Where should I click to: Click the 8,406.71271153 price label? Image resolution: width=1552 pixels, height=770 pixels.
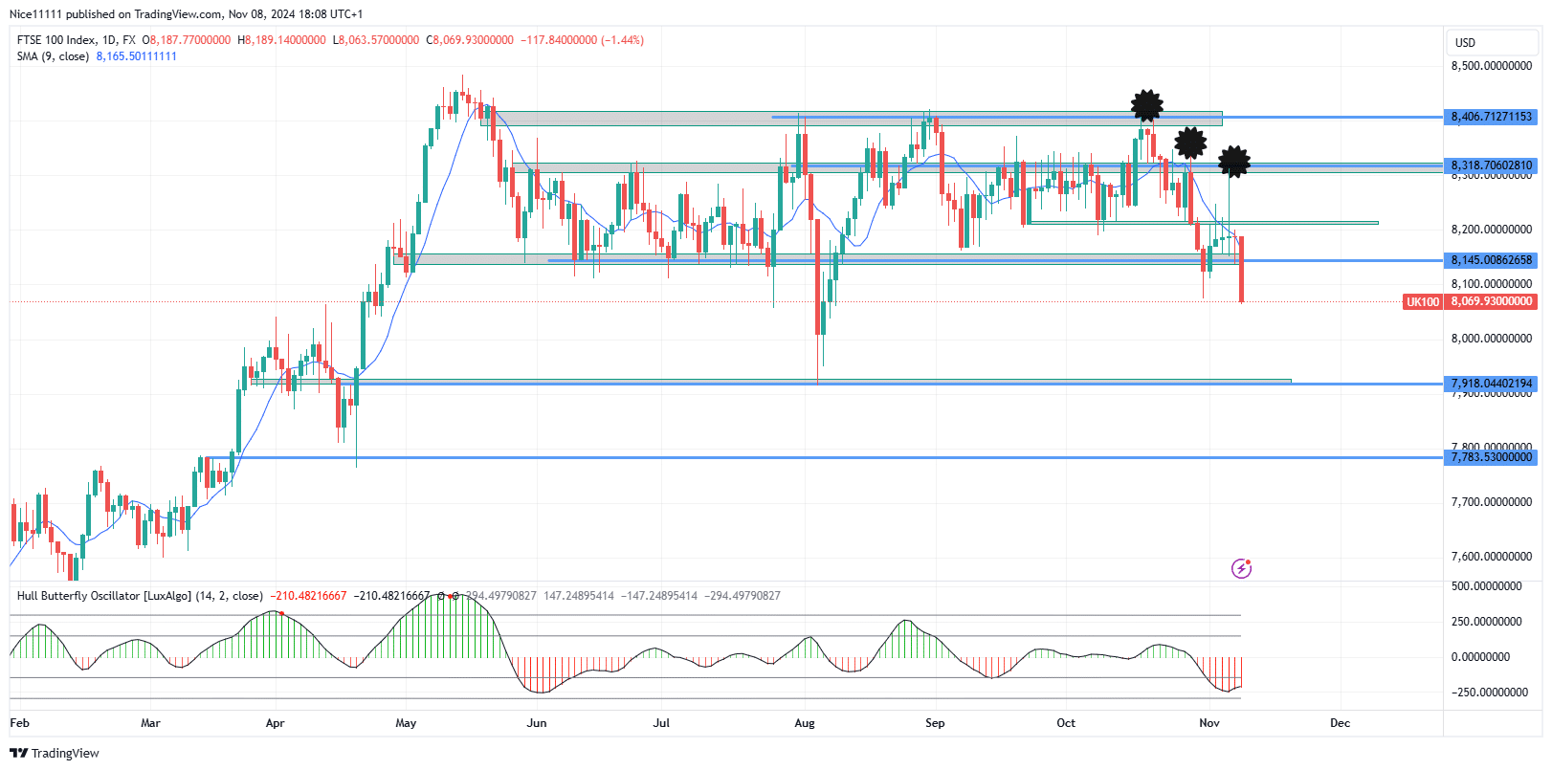[1491, 117]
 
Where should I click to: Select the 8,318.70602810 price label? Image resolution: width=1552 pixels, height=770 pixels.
[1491, 165]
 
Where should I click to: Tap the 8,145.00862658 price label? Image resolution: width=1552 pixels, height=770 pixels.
[1491, 260]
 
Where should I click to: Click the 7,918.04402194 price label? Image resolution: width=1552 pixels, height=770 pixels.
[1491, 384]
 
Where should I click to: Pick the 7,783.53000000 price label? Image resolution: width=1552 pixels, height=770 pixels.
[1491, 457]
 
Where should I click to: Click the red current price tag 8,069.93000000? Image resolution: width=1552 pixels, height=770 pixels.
[1491, 301]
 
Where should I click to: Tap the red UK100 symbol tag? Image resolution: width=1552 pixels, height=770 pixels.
[1422, 302]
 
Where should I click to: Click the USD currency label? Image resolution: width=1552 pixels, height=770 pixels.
[1465, 43]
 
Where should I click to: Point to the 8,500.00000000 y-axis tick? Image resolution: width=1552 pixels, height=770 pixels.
[1491, 66]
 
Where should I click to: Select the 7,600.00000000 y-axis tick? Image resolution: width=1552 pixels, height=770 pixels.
[1491, 557]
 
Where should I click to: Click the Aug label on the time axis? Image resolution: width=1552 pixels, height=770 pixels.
[805, 723]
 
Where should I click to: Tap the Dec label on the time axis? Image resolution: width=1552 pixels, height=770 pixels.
[1340, 723]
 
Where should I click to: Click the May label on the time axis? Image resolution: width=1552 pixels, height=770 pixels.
[406, 723]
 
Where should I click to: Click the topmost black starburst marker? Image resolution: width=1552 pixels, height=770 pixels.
[1146, 106]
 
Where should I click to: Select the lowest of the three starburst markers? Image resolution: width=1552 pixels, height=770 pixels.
[1234, 162]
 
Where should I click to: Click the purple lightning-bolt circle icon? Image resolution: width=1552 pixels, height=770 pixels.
[1241, 569]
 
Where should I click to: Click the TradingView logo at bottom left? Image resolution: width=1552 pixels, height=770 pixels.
[55, 754]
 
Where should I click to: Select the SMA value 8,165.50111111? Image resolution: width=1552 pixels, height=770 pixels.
[136, 56]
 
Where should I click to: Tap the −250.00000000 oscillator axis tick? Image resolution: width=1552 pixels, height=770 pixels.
[1490, 693]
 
